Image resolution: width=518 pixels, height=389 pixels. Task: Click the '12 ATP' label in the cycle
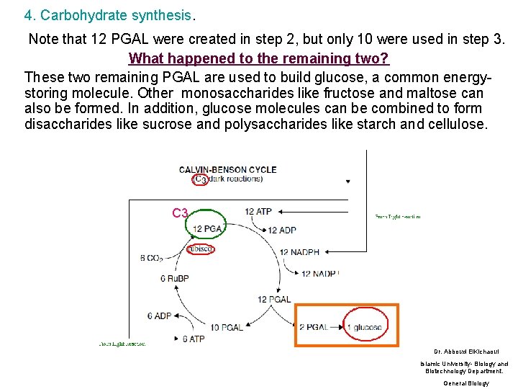point(258,212)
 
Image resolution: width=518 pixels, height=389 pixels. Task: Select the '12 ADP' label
point(281,231)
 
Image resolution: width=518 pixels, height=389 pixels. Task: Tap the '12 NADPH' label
point(300,252)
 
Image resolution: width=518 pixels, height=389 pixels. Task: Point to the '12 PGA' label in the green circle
point(207,229)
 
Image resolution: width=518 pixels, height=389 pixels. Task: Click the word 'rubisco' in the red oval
point(200,249)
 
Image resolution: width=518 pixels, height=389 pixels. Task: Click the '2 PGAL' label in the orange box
point(313,327)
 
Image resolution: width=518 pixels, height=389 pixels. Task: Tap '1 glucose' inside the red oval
point(365,327)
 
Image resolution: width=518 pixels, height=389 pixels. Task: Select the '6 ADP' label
point(160,316)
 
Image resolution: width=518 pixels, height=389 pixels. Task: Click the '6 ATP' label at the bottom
point(193,339)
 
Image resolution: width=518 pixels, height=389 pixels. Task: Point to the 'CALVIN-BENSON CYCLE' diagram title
point(228,170)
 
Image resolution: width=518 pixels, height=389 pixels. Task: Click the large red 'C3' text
point(180,213)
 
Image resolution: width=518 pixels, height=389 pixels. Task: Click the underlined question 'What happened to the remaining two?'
point(259,58)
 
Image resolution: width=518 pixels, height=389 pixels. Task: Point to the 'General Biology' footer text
point(465,383)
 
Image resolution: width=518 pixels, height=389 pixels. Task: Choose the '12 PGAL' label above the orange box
point(274,299)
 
